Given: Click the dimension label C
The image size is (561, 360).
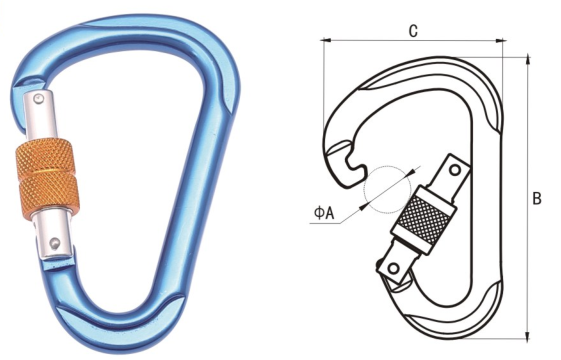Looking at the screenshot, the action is (x=413, y=31).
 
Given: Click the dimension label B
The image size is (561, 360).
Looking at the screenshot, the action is (x=537, y=198).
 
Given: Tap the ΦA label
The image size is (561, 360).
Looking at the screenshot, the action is (x=324, y=213).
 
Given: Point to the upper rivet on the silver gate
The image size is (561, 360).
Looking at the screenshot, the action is (x=38, y=98).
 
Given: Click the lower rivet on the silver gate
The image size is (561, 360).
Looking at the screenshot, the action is (x=54, y=242).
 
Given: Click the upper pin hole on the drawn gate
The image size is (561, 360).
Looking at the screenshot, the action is (x=455, y=169).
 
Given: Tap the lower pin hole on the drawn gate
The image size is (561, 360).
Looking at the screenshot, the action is (x=394, y=268).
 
